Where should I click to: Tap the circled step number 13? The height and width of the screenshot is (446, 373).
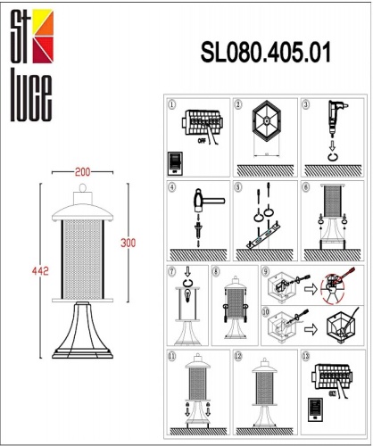tap(307, 355)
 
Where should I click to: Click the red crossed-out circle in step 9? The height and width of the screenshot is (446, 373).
tap(331, 288)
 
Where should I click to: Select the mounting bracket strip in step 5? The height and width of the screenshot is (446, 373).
tap(261, 238)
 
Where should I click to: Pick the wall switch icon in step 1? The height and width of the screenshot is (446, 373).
tap(175, 163)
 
